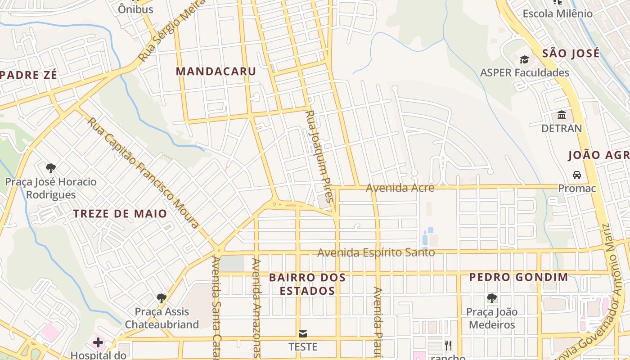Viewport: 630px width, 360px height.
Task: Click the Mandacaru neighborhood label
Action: (216, 71)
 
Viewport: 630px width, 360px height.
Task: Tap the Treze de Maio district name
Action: (120, 213)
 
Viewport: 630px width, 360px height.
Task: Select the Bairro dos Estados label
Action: (307, 284)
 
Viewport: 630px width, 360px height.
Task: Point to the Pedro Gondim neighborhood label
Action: (519, 277)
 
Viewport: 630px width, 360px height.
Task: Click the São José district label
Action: (571, 53)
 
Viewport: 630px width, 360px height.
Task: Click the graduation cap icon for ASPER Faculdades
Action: (524, 59)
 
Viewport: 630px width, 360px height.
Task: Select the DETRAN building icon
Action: (561, 115)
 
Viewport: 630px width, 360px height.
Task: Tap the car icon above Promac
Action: (576, 175)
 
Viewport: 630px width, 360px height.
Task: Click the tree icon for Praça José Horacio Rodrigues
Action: (51, 168)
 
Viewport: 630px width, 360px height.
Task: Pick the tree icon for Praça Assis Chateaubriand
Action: (161, 298)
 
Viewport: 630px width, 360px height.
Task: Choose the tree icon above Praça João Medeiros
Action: (491, 298)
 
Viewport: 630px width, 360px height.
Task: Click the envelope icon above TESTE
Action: (302, 333)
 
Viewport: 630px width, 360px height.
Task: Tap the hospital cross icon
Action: (98, 343)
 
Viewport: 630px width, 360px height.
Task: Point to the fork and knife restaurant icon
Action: (448, 345)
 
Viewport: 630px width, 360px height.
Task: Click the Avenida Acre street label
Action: (400, 188)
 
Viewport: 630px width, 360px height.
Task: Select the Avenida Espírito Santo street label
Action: (376, 252)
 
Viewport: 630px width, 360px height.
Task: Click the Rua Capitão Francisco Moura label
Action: (143, 173)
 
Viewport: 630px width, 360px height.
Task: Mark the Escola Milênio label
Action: (557, 13)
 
